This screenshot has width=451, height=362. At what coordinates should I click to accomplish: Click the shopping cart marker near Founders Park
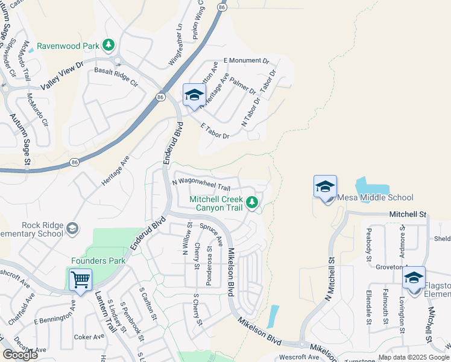pos(80,280)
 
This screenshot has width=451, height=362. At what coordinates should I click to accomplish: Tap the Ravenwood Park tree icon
pos(109,45)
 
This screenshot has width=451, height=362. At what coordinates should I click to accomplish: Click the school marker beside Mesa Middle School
pos(325,187)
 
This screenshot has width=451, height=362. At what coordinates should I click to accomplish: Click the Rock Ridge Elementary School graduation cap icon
pos(72,228)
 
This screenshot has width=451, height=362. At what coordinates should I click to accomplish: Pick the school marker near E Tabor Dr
pos(194,95)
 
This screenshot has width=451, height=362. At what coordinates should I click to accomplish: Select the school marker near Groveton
pos(414,278)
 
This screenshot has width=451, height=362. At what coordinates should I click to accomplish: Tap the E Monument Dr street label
pos(246,61)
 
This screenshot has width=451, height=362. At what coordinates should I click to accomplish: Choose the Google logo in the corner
pos(20,355)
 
